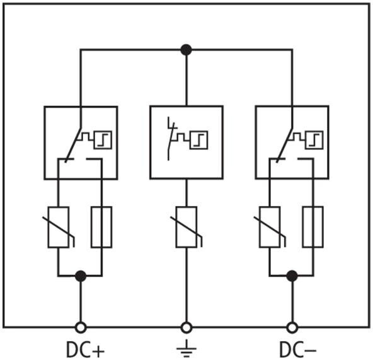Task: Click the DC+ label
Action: pyautogui.click(x=85, y=350)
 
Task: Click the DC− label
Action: pyautogui.click(x=298, y=350)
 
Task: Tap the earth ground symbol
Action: pyautogui.click(x=186, y=349)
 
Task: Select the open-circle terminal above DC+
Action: pyautogui.click(x=81, y=328)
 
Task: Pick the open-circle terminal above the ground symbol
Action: pyautogui.click(x=186, y=328)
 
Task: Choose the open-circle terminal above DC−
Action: pyautogui.click(x=292, y=328)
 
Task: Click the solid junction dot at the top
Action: pyautogui.click(x=186, y=50)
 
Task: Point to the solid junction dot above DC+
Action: pyautogui.click(x=81, y=276)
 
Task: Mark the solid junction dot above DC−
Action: pyautogui.click(x=292, y=276)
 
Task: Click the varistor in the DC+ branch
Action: pyautogui.click(x=59, y=227)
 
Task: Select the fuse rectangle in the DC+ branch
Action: pyautogui.click(x=101, y=227)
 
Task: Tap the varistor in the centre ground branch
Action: pyautogui.click(x=186, y=227)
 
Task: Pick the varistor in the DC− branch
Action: pyautogui.click(x=270, y=227)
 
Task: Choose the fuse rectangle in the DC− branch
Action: pyautogui.click(x=313, y=227)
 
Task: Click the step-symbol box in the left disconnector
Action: pyautogui.click(x=103, y=140)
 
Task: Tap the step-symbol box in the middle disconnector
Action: pyautogui.click(x=199, y=140)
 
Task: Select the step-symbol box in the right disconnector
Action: pyautogui.click(x=314, y=140)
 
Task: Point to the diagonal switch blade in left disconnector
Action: pyautogui.click(x=73, y=144)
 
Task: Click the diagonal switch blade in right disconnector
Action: pyautogui.click(x=285, y=144)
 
